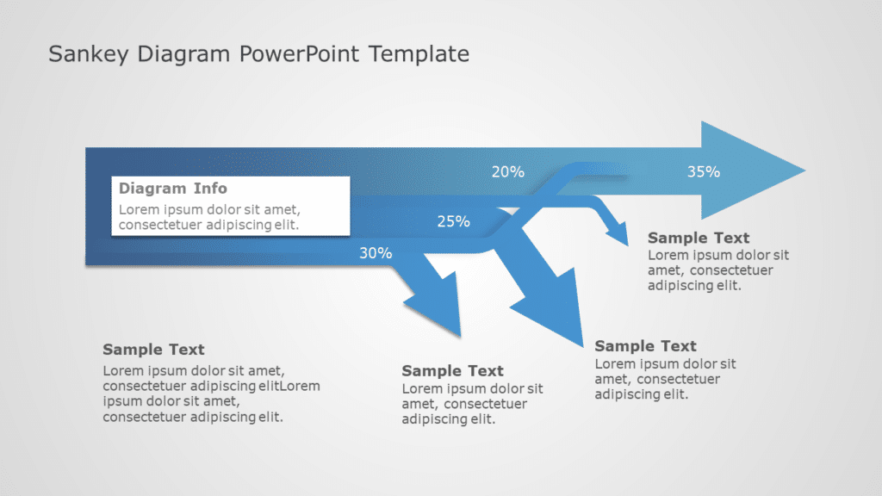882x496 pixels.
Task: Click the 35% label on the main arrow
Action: click(x=703, y=171)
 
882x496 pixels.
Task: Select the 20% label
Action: click(x=507, y=171)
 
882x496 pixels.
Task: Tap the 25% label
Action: click(x=453, y=221)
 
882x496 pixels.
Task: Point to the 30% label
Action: click(x=376, y=253)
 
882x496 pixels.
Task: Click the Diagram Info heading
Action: click(x=173, y=189)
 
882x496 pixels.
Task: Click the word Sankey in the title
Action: click(x=81, y=54)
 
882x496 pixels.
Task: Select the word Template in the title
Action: click(x=420, y=54)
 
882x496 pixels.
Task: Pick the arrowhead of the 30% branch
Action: click(x=435, y=306)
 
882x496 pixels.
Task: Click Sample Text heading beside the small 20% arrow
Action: click(x=699, y=238)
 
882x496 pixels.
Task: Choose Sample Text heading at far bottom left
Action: click(x=153, y=350)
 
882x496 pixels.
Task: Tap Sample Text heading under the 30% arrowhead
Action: click(x=452, y=371)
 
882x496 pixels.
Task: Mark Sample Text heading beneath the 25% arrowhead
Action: click(x=645, y=346)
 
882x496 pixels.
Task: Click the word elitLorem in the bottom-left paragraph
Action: click(x=288, y=386)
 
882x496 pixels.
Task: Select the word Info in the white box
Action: click(x=209, y=189)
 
